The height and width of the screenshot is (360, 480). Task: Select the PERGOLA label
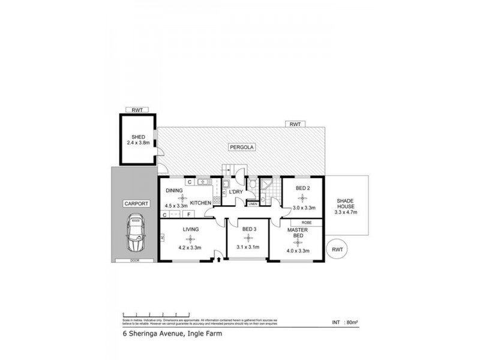[240, 146]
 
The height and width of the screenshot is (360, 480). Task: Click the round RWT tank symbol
[338, 249]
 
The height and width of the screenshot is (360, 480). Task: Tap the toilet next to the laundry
[253, 187]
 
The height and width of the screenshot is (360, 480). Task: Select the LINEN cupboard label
[253, 204]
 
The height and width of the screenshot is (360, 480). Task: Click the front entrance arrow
[218, 260]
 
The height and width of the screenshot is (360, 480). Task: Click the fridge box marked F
[189, 214]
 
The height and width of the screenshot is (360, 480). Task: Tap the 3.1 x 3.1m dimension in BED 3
[248, 247]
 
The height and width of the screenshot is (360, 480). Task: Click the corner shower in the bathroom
[267, 184]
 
